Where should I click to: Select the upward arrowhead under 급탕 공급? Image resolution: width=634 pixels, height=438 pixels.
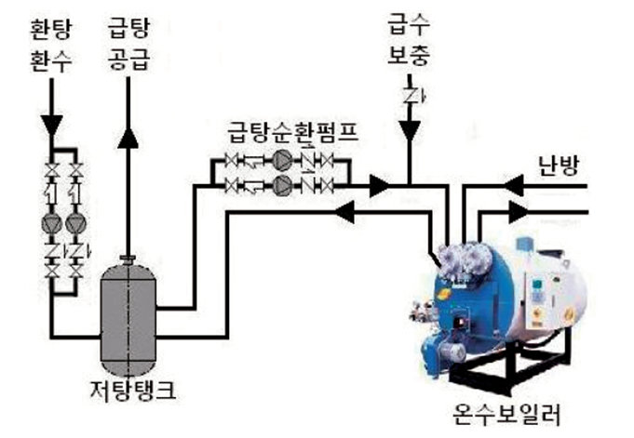[128, 135]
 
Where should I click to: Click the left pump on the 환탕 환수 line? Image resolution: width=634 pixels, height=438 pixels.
[53, 223]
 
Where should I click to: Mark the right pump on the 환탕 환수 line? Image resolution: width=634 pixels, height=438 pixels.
[77, 223]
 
